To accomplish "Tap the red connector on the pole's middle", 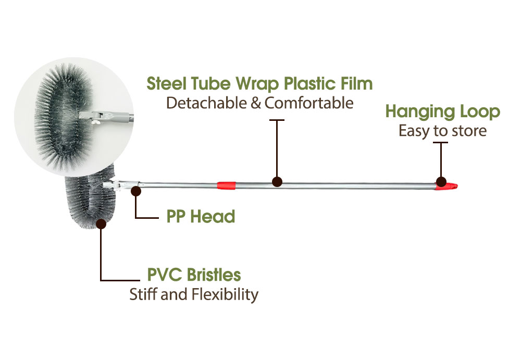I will (x=226, y=184).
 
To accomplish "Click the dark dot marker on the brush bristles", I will (x=102, y=225).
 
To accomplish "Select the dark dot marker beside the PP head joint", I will (x=137, y=191).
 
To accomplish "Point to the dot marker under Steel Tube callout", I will (x=277, y=182).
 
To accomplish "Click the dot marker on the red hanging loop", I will (x=441, y=182).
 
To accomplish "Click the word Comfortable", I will (x=309, y=103).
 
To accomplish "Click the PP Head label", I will (x=201, y=216).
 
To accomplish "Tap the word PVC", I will (x=164, y=275).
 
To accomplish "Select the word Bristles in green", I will (x=213, y=275).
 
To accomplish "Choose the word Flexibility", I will (x=225, y=294).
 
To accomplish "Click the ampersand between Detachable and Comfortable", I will (x=256, y=103).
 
